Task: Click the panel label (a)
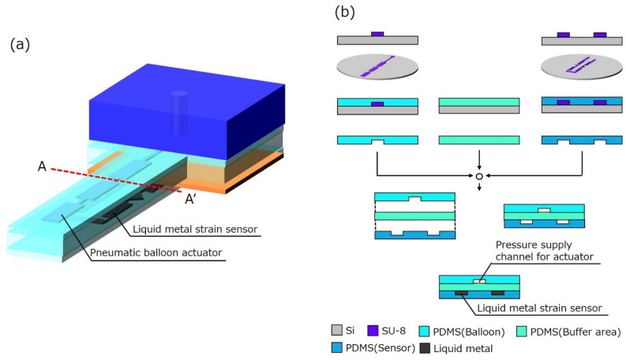(x=20, y=44)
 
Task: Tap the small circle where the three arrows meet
(x=479, y=176)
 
